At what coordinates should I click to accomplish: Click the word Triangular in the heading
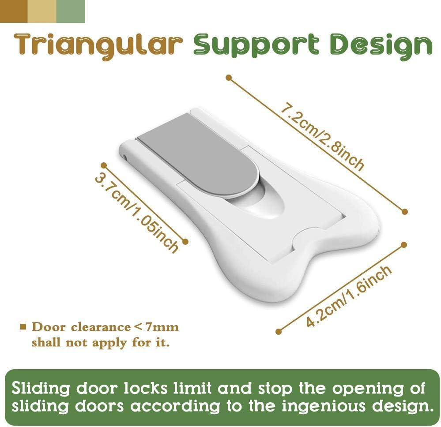98,45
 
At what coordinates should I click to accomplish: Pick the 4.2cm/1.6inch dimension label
349,296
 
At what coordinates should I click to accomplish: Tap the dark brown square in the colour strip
14,11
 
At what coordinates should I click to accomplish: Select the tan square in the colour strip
42,11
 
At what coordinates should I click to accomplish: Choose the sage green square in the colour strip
70,11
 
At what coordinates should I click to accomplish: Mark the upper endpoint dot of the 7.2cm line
228,77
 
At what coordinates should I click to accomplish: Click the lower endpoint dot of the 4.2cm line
278,331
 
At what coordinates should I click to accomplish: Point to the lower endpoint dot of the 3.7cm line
185,241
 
